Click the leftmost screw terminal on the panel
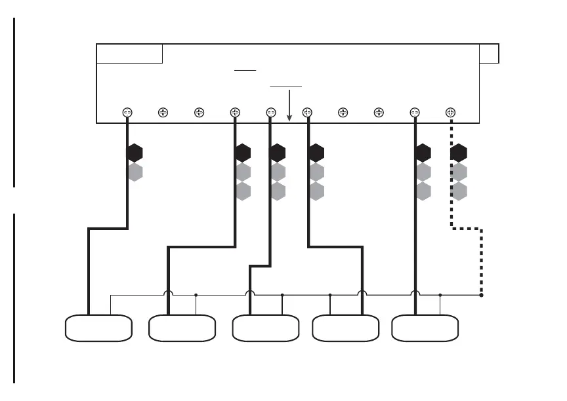[127, 113]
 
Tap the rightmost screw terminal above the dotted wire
[450, 113]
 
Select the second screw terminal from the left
[163, 113]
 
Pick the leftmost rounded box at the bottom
[98, 328]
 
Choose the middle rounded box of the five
[266, 328]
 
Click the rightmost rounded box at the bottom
[425, 328]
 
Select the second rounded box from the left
[182, 328]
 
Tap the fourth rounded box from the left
[345, 328]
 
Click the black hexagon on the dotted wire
[459, 153]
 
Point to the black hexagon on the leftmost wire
[135, 153]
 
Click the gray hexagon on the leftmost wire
[135, 172]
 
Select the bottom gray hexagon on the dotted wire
[459, 191]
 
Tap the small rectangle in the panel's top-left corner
[129, 53]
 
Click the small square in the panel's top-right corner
[489, 53]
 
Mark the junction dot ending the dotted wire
[482, 295]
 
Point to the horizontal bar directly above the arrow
[286, 86]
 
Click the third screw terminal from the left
[199, 113]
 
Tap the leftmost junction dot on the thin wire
[196, 295]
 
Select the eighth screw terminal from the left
[379, 113]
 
